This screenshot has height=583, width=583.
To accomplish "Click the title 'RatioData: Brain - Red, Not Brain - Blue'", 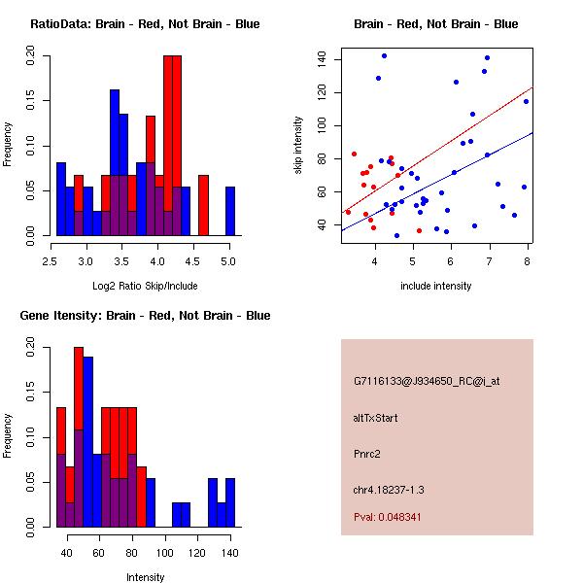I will coord(144,24).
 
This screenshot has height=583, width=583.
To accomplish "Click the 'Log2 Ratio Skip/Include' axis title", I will coord(144,285).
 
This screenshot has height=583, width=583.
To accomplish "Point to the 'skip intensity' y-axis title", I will coord(299,146).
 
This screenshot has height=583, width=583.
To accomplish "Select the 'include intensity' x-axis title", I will coord(436,286).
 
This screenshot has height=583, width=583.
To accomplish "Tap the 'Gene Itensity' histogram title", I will coord(144,316).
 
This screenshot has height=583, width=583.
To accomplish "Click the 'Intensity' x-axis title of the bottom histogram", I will coord(146,577).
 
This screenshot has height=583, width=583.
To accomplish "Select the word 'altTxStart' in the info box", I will coord(375,418).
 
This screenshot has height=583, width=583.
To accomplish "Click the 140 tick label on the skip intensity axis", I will coord(321,59).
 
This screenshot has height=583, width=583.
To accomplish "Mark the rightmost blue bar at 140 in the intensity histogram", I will coord(230,502).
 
